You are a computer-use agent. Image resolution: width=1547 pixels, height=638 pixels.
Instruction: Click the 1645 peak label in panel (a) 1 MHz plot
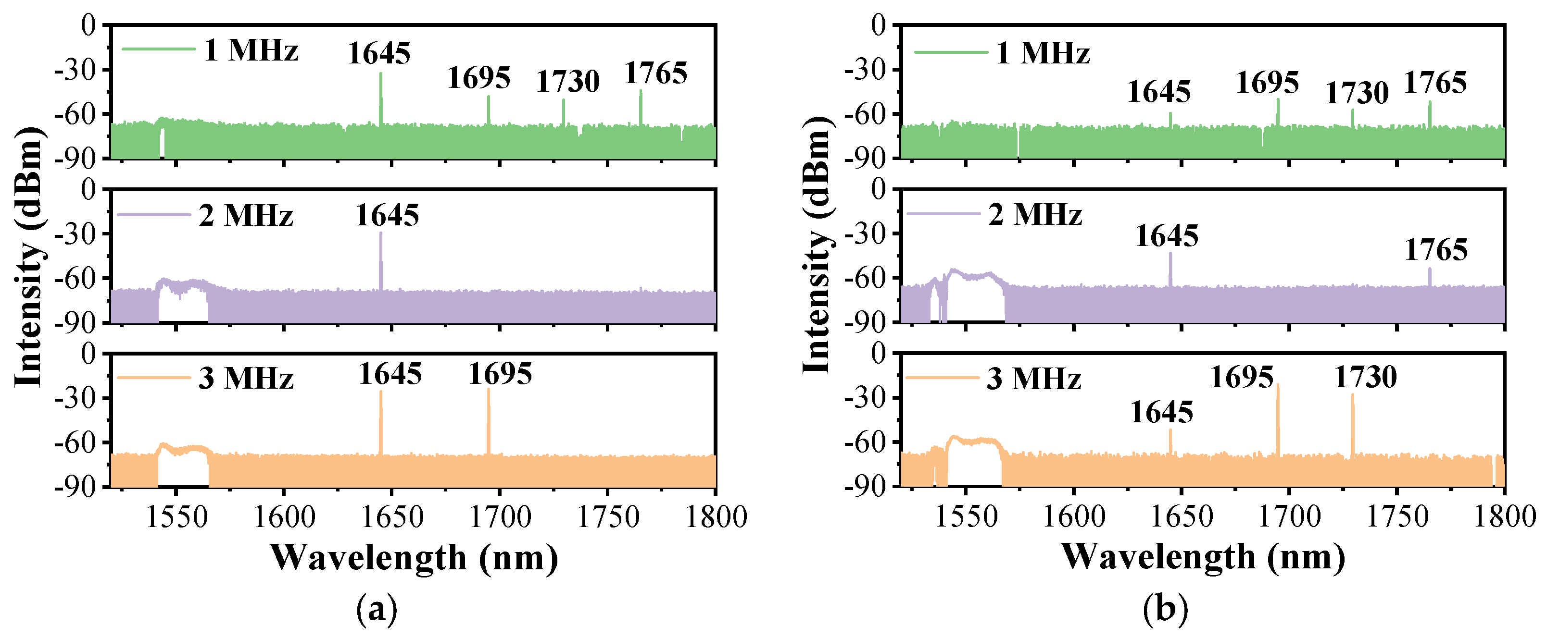(379, 53)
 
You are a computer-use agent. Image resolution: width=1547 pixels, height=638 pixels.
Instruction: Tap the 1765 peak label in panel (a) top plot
(656, 74)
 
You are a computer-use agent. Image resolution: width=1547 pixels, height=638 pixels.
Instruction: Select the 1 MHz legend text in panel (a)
(251, 50)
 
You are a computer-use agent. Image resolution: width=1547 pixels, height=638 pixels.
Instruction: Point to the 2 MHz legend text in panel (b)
(1035, 214)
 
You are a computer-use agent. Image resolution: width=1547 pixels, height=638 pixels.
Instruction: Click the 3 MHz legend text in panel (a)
(246, 379)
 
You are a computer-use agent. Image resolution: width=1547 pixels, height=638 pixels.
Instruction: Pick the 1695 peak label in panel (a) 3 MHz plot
(500, 375)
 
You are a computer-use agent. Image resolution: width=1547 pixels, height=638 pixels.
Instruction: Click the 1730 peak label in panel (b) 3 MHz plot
(1365, 378)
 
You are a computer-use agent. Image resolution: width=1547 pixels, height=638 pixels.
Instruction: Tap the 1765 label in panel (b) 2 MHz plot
(1436, 250)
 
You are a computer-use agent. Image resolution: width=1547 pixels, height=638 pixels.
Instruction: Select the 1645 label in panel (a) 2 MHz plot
(387, 215)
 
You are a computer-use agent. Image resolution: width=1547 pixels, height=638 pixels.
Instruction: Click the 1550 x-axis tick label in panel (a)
(176, 517)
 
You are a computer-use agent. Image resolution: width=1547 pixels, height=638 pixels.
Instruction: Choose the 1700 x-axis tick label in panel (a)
(500, 517)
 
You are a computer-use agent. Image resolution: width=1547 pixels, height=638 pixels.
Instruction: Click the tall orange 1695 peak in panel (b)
(1277, 420)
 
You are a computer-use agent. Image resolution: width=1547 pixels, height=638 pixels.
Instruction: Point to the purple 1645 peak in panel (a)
(381, 261)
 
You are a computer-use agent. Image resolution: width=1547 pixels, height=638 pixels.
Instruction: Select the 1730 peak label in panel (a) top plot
(567, 82)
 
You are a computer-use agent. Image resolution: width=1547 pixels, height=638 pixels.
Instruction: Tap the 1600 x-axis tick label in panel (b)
(1074, 517)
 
